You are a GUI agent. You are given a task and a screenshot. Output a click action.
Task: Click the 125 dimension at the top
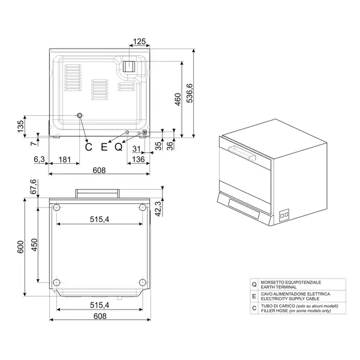[x=139, y=41]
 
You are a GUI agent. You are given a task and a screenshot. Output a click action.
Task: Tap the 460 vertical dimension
[x=178, y=100]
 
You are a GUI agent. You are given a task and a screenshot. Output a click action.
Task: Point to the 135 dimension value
[x=20, y=127]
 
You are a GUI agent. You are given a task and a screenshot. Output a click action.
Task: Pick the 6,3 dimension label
[x=40, y=160]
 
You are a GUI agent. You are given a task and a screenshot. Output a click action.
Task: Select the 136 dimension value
[x=138, y=160]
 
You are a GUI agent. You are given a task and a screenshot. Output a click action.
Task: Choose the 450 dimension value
[x=34, y=246]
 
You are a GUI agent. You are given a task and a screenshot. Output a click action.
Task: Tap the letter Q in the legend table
[x=254, y=284]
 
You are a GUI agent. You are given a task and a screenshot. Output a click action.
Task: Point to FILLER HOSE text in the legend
[x=277, y=311]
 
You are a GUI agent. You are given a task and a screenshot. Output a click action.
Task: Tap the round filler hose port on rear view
[x=79, y=116]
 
